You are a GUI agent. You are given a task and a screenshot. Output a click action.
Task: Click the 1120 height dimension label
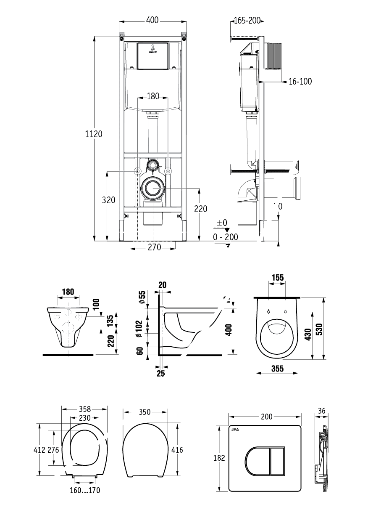click(x=94, y=134)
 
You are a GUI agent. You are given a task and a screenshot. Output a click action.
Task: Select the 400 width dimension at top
click(x=152, y=20)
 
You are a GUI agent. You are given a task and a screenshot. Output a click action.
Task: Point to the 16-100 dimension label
click(x=300, y=81)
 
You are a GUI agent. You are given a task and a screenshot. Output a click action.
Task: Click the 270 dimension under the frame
click(x=154, y=248)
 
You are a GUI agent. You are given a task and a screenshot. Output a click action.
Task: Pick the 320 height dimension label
click(x=109, y=200)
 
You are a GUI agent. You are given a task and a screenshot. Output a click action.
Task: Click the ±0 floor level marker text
click(x=222, y=223)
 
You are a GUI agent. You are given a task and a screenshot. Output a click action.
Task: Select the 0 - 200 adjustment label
click(x=226, y=237)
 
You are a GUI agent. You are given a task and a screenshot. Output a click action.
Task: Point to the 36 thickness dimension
click(x=322, y=411)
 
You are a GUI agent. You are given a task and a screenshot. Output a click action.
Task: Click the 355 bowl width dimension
click(x=277, y=369)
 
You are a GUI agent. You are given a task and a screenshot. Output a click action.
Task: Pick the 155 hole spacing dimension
click(x=278, y=278)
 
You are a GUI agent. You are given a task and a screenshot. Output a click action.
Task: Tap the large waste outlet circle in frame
click(x=152, y=188)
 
